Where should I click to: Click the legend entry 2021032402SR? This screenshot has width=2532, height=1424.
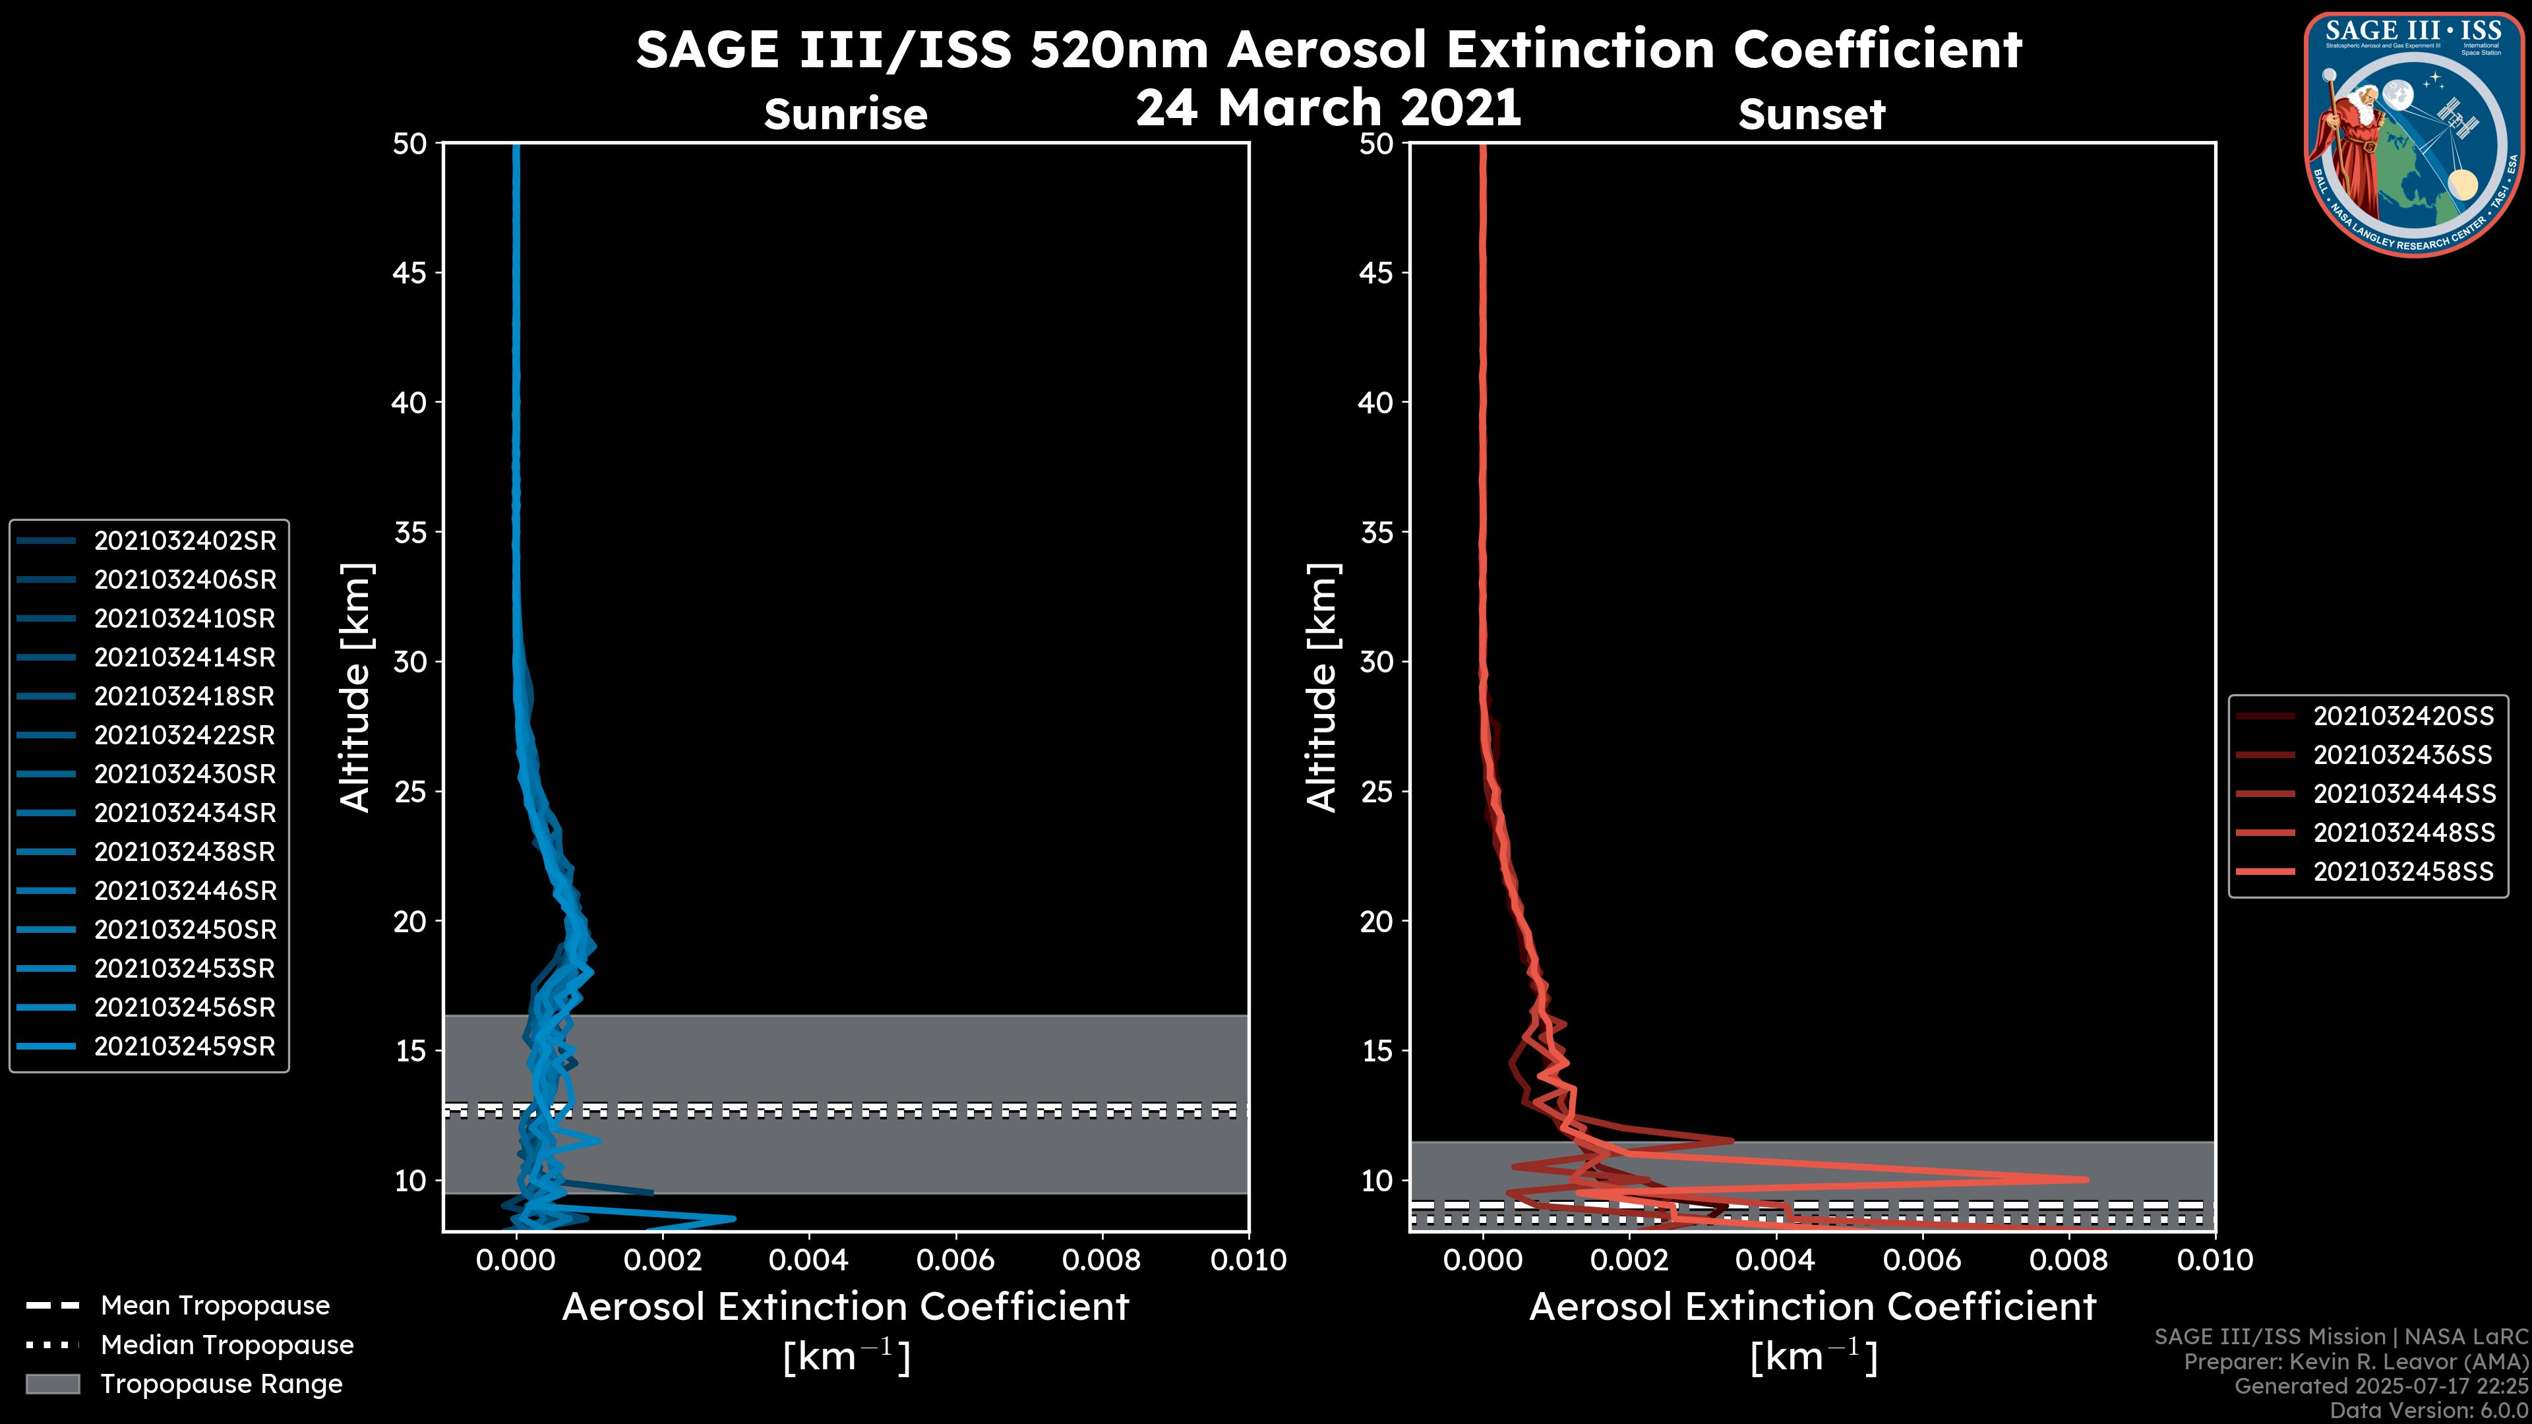185,541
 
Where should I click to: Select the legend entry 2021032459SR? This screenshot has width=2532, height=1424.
185,1047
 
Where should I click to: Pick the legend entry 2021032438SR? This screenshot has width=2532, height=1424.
185,852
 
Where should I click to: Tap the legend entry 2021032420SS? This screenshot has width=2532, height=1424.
2403,717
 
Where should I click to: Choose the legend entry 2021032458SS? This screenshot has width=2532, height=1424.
2403,872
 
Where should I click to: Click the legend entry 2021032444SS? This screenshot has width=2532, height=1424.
2403,794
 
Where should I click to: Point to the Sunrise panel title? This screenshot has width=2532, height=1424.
845,114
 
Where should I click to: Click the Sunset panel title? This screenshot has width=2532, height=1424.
1811,114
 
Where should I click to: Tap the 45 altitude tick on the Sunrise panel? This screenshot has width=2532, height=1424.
410,272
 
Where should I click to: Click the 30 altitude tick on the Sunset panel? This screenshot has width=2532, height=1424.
1376,661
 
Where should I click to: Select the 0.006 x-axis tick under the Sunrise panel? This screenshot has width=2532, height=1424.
955,1260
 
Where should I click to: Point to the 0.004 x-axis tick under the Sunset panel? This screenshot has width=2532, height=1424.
1776,1260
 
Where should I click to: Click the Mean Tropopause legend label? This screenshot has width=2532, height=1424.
215,1306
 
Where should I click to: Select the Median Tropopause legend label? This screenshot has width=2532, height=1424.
227,1346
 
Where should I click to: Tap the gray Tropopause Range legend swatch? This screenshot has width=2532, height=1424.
52,1384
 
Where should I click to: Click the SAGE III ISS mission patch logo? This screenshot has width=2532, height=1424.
2414,134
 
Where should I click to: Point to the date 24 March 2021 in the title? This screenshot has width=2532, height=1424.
1328,106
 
